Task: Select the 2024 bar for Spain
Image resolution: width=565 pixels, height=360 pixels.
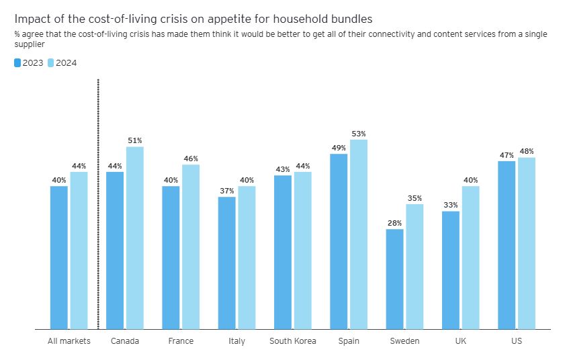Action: [359, 234]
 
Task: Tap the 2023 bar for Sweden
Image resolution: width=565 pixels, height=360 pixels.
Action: [395, 279]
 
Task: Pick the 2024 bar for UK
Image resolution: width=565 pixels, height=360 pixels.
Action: [471, 258]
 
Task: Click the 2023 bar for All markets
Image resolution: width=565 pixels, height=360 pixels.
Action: [59, 258]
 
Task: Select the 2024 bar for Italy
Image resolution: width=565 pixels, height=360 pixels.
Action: [247, 258]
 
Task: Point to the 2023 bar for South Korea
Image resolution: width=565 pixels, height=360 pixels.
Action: [283, 253]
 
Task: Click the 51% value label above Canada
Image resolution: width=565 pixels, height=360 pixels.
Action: [135, 140]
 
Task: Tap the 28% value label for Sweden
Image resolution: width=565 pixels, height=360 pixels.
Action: [395, 223]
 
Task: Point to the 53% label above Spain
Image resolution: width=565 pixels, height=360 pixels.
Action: [359, 133]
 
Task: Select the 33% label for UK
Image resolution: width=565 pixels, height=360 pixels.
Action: [451, 205]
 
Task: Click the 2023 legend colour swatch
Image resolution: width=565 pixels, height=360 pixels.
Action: [17, 63]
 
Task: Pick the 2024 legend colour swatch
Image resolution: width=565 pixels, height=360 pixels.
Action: [50, 63]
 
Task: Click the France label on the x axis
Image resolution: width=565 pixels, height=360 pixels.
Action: [180, 341]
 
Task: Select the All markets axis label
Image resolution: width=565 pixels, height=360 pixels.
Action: [69, 341]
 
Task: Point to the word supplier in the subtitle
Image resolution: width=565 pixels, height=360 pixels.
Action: [29, 44]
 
